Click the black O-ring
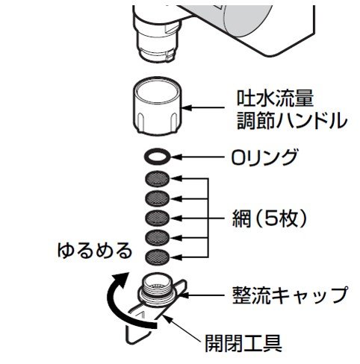tap(158, 152)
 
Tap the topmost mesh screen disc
tap(158, 178)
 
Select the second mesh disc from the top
tap(158, 198)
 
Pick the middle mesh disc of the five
tap(158, 218)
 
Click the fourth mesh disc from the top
tap(158, 237)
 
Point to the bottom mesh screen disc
tap(158, 257)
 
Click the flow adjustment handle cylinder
tap(158, 105)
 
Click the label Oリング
tap(264, 157)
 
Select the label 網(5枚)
tap(270, 218)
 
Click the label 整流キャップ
tap(290, 295)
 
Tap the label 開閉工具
tap(243, 342)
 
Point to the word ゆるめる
tap(95, 251)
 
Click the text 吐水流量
tap(275, 98)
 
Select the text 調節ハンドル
tap(292, 121)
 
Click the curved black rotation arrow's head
tap(121, 279)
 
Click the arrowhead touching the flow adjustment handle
tap(188, 108)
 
